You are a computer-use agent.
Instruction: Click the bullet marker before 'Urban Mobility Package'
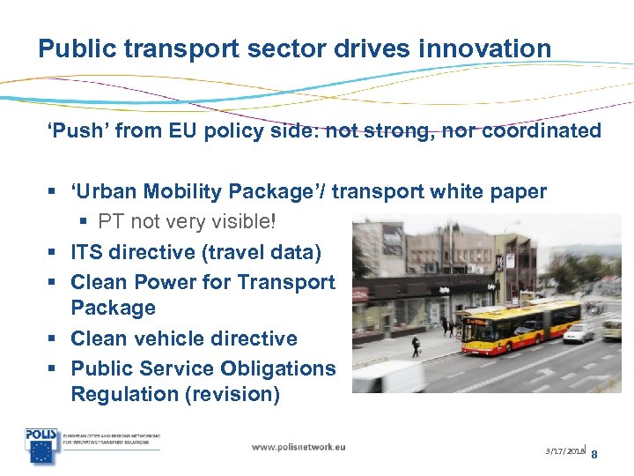[x=54, y=192]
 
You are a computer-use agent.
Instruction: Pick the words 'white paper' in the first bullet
[x=494, y=191]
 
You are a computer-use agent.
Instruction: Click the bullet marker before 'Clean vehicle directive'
[x=54, y=339]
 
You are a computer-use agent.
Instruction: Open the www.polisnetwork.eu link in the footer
[x=299, y=447]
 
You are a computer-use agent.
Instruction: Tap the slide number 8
[x=594, y=455]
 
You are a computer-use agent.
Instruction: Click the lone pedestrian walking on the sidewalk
[x=416, y=346]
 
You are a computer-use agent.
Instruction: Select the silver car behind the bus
[x=579, y=332]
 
